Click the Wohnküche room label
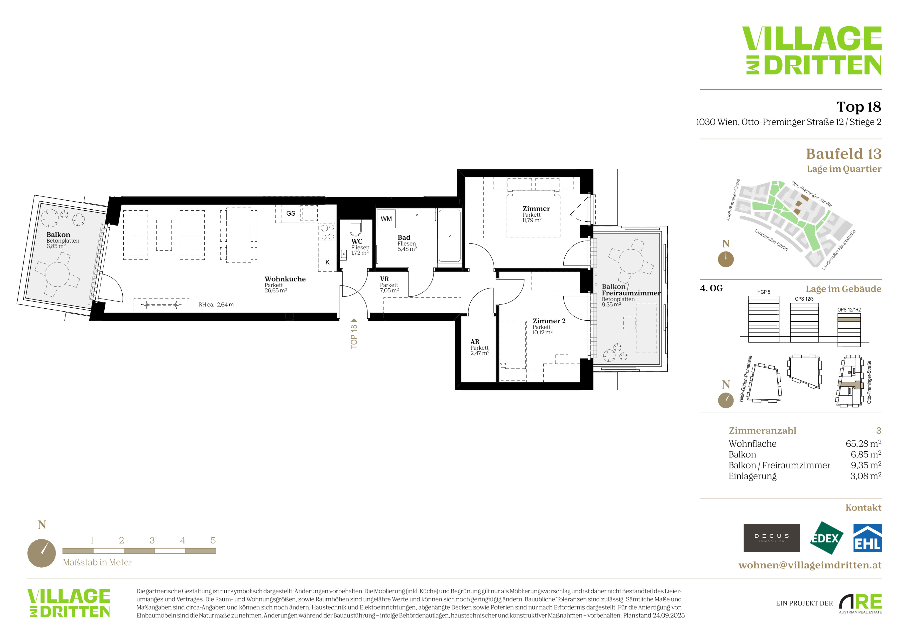click(285, 279)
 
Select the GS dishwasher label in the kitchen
click(291, 213)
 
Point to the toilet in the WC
click(356, 229)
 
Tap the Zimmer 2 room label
click(549, 321)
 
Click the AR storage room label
click(475, 342)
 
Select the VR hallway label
click(384, 279)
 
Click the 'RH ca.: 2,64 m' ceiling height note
click(216, 305)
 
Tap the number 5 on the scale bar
click(213, 540)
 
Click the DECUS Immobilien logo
click(771, 538)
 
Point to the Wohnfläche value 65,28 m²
click(863, 443)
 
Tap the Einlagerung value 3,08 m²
click(865, 476)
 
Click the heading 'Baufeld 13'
click(844, 154)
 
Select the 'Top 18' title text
click(859, 107)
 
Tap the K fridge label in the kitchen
click(327, 262)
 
